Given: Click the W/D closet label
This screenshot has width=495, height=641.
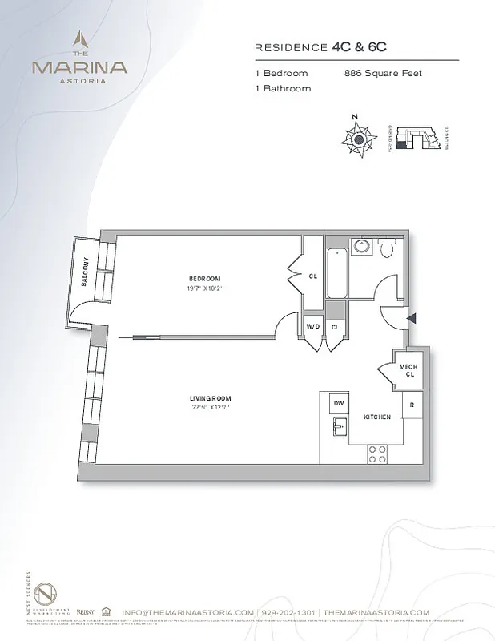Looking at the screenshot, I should (x=312, y=327).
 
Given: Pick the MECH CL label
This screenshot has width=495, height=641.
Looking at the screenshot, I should (x=408, y=370).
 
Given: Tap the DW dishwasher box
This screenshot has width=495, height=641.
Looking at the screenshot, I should (x=339, y=404).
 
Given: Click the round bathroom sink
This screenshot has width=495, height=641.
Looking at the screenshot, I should (x=361, y=246).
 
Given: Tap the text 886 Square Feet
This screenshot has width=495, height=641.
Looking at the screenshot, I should (x=383, y=74).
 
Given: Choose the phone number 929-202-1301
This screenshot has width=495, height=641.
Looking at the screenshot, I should (x=288, y=611).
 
